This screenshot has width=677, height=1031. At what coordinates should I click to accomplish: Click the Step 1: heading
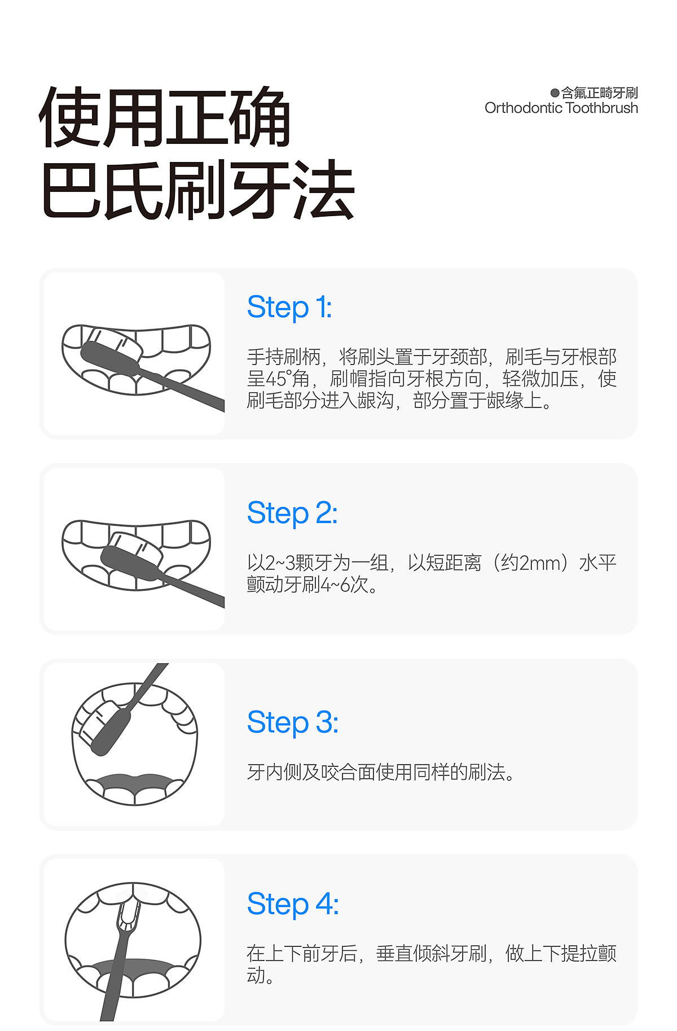[x=289, y=308]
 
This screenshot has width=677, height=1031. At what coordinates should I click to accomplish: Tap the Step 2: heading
[x=292, y=514]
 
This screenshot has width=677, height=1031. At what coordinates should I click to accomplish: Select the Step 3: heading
[x=293, y=722]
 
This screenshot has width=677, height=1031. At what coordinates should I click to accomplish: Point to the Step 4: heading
[x=293, y=904]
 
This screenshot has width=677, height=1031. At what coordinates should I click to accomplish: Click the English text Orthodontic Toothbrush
[x=561, y=108]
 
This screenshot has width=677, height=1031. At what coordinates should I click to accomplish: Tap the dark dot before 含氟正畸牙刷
[x=555, y=93]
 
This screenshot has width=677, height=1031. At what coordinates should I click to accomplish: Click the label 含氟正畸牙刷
[x=600, y=93]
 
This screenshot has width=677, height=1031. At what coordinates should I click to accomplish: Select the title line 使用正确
[x=165, y=117]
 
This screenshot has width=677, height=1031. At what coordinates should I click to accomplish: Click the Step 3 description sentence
[x=381, y=772]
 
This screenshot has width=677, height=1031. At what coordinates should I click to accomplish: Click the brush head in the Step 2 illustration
[x=132, y=556]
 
